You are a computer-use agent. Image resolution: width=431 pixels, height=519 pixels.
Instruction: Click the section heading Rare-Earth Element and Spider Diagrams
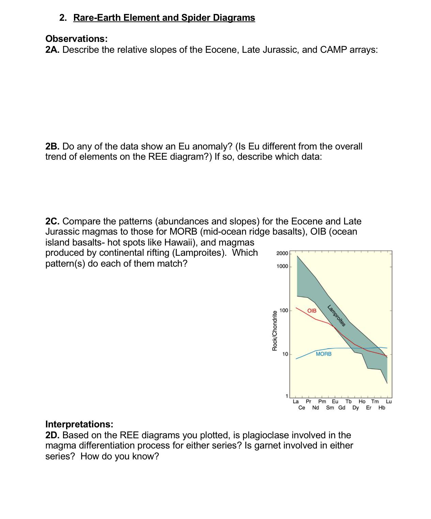(x=164, y=18)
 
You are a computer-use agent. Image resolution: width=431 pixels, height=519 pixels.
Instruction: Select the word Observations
(x=76, y=38)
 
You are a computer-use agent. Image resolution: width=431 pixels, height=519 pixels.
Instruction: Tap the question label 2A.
(x=52, y=50)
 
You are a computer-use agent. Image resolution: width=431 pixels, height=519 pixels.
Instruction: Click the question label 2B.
(x=52, y=146)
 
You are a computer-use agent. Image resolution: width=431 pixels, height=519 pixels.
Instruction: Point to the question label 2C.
(x=52, y=221)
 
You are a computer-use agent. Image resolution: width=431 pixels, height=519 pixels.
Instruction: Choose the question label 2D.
(x=52, y=435)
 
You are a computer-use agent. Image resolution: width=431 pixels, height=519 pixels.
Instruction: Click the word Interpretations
(x=79, y=424)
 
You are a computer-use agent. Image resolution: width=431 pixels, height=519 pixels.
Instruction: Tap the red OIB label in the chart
(x=312, y=311)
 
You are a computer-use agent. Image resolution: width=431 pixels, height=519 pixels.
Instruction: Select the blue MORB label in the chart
(x=323, y=354)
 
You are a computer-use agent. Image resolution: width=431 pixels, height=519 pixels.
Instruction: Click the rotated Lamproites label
(x=337, y=316)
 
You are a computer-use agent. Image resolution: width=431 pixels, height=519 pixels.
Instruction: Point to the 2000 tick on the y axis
(x=282, y=253)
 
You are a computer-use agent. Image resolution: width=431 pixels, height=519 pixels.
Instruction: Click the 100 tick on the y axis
(x=283, y=310)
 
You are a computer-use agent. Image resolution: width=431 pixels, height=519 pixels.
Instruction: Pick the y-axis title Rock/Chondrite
(x=275, y=331)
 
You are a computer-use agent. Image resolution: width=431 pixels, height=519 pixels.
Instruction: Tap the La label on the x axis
(x=296, y=402)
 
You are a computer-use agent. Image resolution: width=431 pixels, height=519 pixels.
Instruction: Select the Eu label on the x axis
(x=335, y=402)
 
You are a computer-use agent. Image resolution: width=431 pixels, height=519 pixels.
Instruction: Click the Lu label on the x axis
(x=389, y=402)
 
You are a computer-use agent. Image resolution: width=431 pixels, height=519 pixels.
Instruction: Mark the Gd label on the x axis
(x=342, y=408)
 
